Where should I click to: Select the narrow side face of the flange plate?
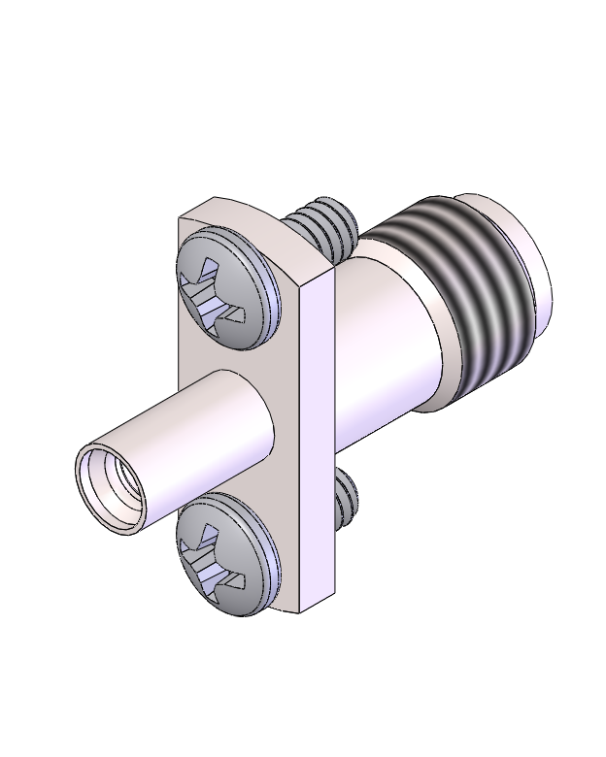317,437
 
